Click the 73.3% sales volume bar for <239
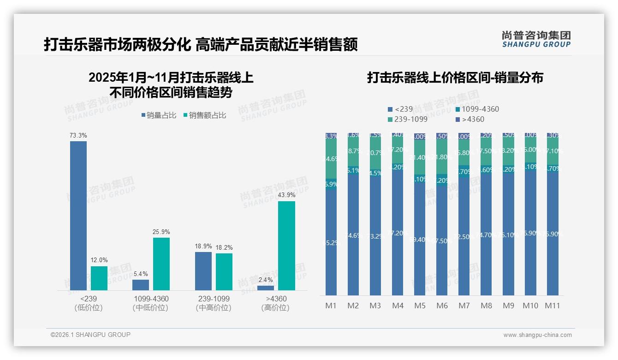(x=78, y=216)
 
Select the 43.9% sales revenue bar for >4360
(x=286, y=246)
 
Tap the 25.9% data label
(x=161, y=232)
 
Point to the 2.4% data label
(x=266, y=280)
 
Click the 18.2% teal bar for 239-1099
(x=224, y=272)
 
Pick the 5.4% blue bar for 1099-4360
(x=141, y=285)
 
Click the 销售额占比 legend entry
(x=205, y=115)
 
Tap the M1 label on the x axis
(x=331, y=306)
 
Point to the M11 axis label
(x=552, y=306)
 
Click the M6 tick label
(x=442, y=306)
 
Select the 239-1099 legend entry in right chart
(x=408, y=120)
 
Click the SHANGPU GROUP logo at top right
(x=536, y=39)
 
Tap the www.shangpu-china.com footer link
(x=537, y=335)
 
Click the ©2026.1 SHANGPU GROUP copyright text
(x=90, y=335)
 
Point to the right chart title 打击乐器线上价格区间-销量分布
(x=455, y=78)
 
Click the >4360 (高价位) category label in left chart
(x=276, y=303)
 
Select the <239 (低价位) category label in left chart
(x=89, y=303)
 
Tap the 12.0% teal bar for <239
(x=99, y=278)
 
